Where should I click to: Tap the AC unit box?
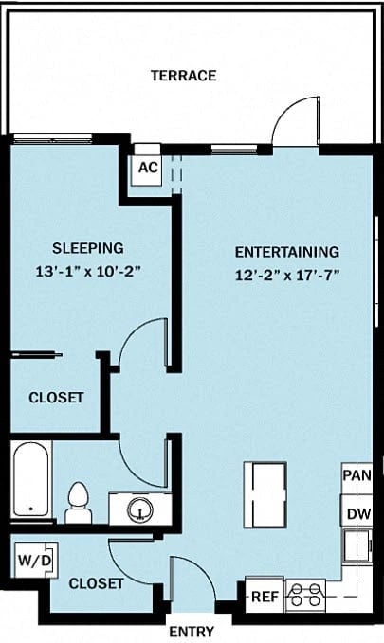click(x=147, y=168)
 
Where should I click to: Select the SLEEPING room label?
click(x=87, y=248)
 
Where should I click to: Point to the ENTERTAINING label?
click(x=286, y=252)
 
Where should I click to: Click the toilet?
click(x=78, y=503)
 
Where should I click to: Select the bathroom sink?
click(x=138, y=509)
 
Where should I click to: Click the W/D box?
click(x=35, y=561)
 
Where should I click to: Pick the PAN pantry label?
click(x=357, y=475)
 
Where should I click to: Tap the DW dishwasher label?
click(x=357, y=514)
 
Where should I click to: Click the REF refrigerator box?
click(x=263, y=597)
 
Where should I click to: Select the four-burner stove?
click(x=306, y=595)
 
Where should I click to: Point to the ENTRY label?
click(x=191, y=632)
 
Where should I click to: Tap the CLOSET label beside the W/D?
click(x=98, y=584)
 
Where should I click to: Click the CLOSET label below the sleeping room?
click(x=55, y=398)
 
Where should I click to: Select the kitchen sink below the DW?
click(x=357, y=546)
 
